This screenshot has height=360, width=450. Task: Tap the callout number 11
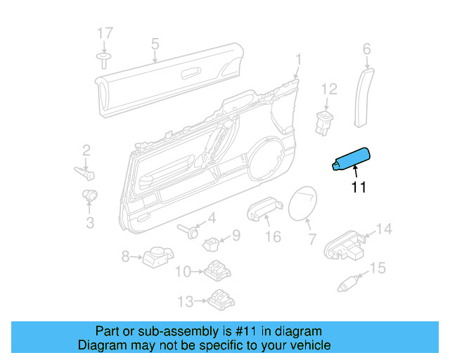tap(359, 187)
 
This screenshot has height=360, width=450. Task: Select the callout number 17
tap(105, 33)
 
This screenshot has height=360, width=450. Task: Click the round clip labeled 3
tap(90, 195)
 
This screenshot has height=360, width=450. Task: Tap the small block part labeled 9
tap(211, 244)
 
